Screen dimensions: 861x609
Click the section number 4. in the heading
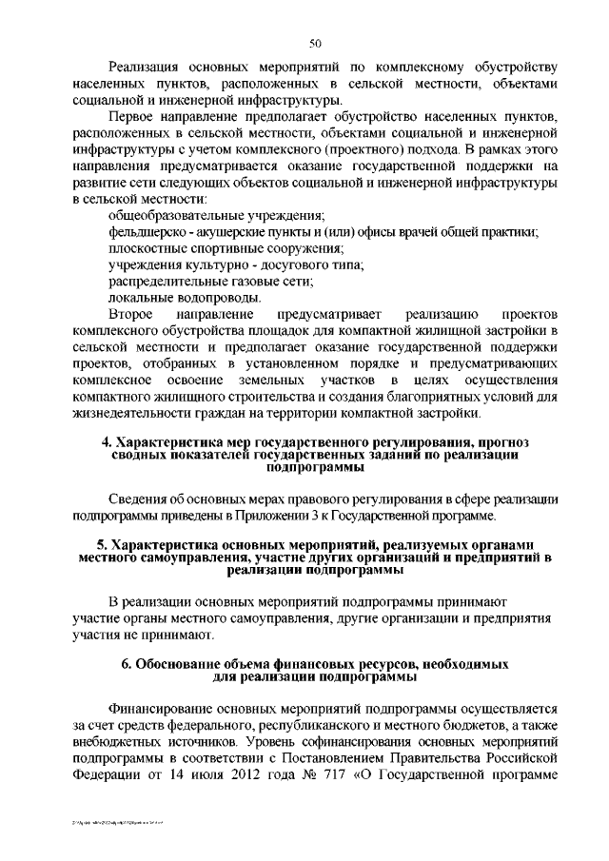click(x=108, y=442)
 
